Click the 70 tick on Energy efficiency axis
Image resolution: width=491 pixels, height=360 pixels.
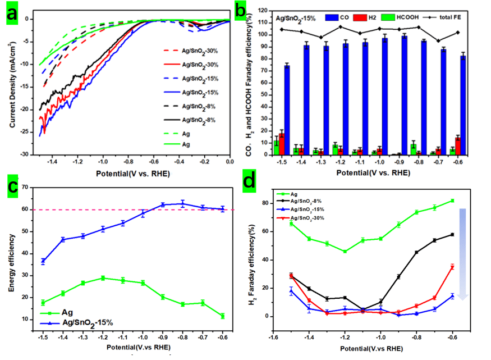coord(24,185)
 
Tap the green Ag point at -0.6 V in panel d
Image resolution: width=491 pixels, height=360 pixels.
coord(452,200)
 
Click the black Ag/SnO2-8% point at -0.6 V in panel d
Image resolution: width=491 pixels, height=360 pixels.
coord(452,234)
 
